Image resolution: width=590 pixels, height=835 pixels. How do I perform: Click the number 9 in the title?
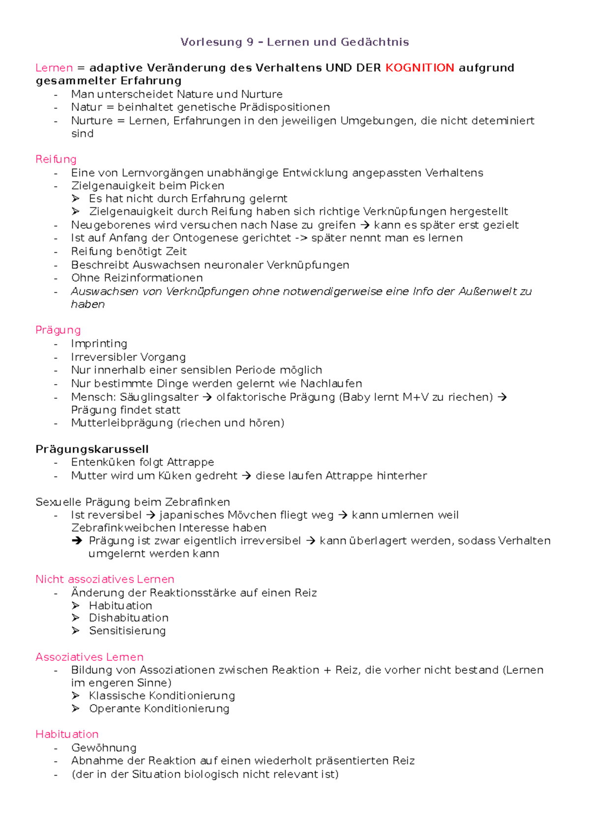tap(250, 42)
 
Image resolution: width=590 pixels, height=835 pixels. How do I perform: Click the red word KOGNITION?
tap(419, 68)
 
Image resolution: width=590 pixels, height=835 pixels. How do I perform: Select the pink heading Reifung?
tap(56, 159)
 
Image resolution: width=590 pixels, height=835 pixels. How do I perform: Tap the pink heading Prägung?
tap(58, 330)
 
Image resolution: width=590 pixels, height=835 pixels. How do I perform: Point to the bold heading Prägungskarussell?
tap(92, 449)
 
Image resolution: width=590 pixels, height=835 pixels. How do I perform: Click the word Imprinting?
tap(99, 344)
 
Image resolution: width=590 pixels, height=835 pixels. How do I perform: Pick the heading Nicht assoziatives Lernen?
tap(105, 579)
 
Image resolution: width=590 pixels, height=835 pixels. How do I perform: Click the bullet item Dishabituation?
tap(128, 618)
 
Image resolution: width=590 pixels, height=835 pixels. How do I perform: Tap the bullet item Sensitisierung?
tap(127, 631)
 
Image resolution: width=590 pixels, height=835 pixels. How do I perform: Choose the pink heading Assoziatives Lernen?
tap(89, 657)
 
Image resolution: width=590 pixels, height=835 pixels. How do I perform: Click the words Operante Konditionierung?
tap(159, 709)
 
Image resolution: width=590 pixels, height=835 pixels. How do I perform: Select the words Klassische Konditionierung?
tap(162, 696)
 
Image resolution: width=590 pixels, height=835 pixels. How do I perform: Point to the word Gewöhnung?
tap(104, 748)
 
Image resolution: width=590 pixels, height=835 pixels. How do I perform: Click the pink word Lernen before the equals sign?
tap(54, 68)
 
